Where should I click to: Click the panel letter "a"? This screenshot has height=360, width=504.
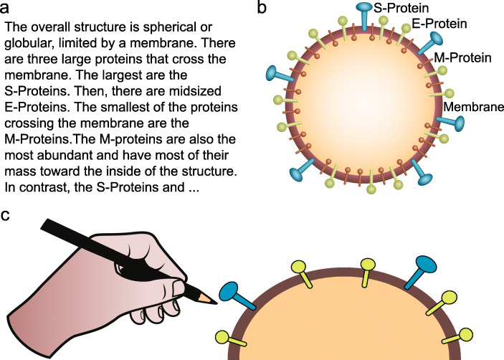8,9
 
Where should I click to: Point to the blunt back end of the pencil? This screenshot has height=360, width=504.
44,224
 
